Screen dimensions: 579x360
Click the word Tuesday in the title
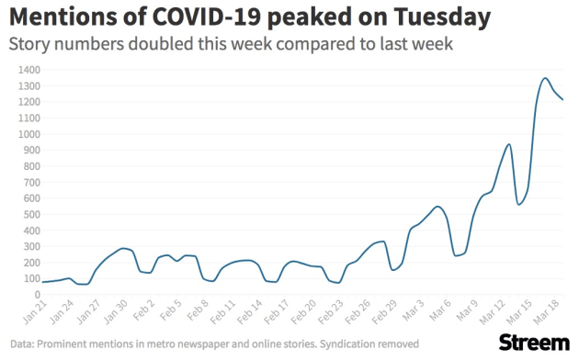(442, 17)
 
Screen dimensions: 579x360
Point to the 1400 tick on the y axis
(30, 70)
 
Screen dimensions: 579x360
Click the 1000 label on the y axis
(30, 134)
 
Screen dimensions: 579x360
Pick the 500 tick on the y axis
(32, 214)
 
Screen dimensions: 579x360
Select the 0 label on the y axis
(38, 295)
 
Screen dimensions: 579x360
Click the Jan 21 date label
(35, 311)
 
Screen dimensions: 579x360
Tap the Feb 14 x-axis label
(250, 311)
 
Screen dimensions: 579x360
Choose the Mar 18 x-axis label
(545, 311)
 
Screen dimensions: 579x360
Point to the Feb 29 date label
(384, 311)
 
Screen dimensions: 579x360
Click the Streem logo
(534, 343)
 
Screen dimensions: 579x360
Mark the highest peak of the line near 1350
(545, 78)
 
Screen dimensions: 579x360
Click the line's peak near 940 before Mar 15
(509, 144)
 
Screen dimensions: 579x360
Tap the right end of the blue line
(562, 99)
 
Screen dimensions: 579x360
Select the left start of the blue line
(43, 282)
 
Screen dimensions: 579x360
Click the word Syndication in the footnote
(342, 344)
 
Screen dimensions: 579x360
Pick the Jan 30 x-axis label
(116, 311)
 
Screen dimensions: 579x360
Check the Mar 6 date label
(440, 309)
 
